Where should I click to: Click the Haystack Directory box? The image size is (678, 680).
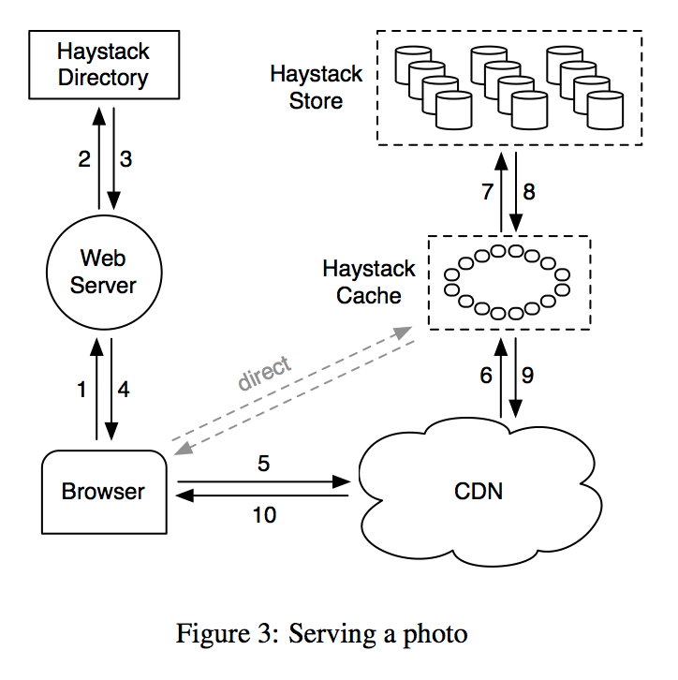coord(103,64)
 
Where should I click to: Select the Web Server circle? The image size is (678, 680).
coord(103,272)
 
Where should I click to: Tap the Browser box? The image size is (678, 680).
coord(103,491)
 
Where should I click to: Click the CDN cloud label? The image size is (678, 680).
coord(478,490)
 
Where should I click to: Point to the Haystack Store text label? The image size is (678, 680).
coord(316,86)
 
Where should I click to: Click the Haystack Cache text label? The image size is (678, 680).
coord(368,282)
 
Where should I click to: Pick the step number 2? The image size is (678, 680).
coord(83,159)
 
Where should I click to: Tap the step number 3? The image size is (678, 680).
coord(125,159)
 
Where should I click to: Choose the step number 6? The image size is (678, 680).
coord(486,376)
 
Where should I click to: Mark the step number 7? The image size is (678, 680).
coord(487,192)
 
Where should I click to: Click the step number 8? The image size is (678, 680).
coord(529,192)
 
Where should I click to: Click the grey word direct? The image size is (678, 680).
coord(265,374)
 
